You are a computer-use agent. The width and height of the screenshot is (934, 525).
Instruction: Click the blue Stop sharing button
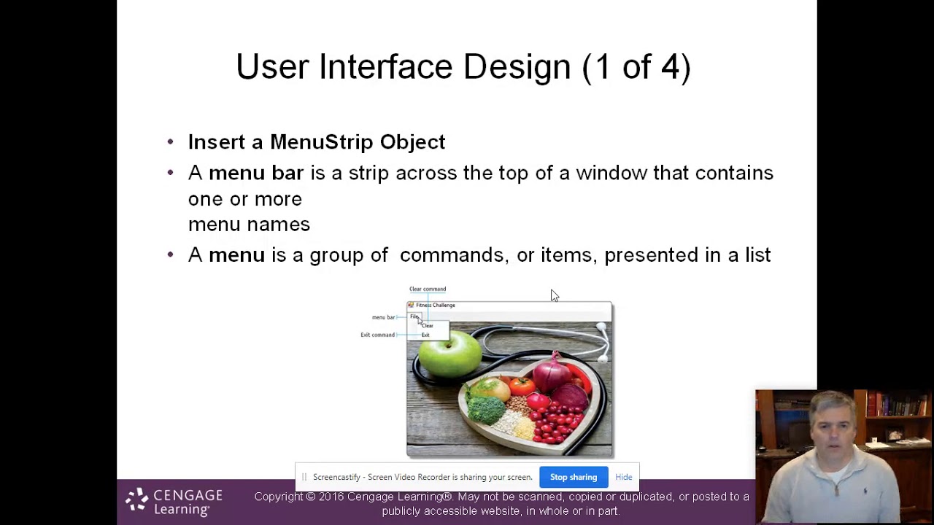(x=573, y=477)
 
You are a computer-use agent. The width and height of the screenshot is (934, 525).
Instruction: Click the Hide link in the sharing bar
(x=623, y=477)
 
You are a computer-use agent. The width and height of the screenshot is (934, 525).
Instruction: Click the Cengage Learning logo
(x=174, y=502)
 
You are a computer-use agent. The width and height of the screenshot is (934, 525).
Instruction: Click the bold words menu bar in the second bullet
(x=255, y=173)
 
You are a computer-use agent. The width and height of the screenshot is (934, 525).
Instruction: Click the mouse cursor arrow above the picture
(x=554, y=295)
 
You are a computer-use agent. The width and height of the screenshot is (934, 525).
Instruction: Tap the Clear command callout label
(x=428, y=289)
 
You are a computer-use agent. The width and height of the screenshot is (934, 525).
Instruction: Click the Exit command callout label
(x=377, y=335)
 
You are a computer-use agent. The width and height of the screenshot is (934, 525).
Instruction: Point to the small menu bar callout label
(x=383, y=317)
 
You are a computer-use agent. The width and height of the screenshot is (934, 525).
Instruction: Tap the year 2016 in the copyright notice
(x=331, y=497)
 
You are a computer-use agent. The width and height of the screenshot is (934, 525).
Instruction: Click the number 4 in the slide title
(x=670, y=67)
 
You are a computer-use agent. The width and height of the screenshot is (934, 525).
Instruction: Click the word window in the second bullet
(x=611, y=173)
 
